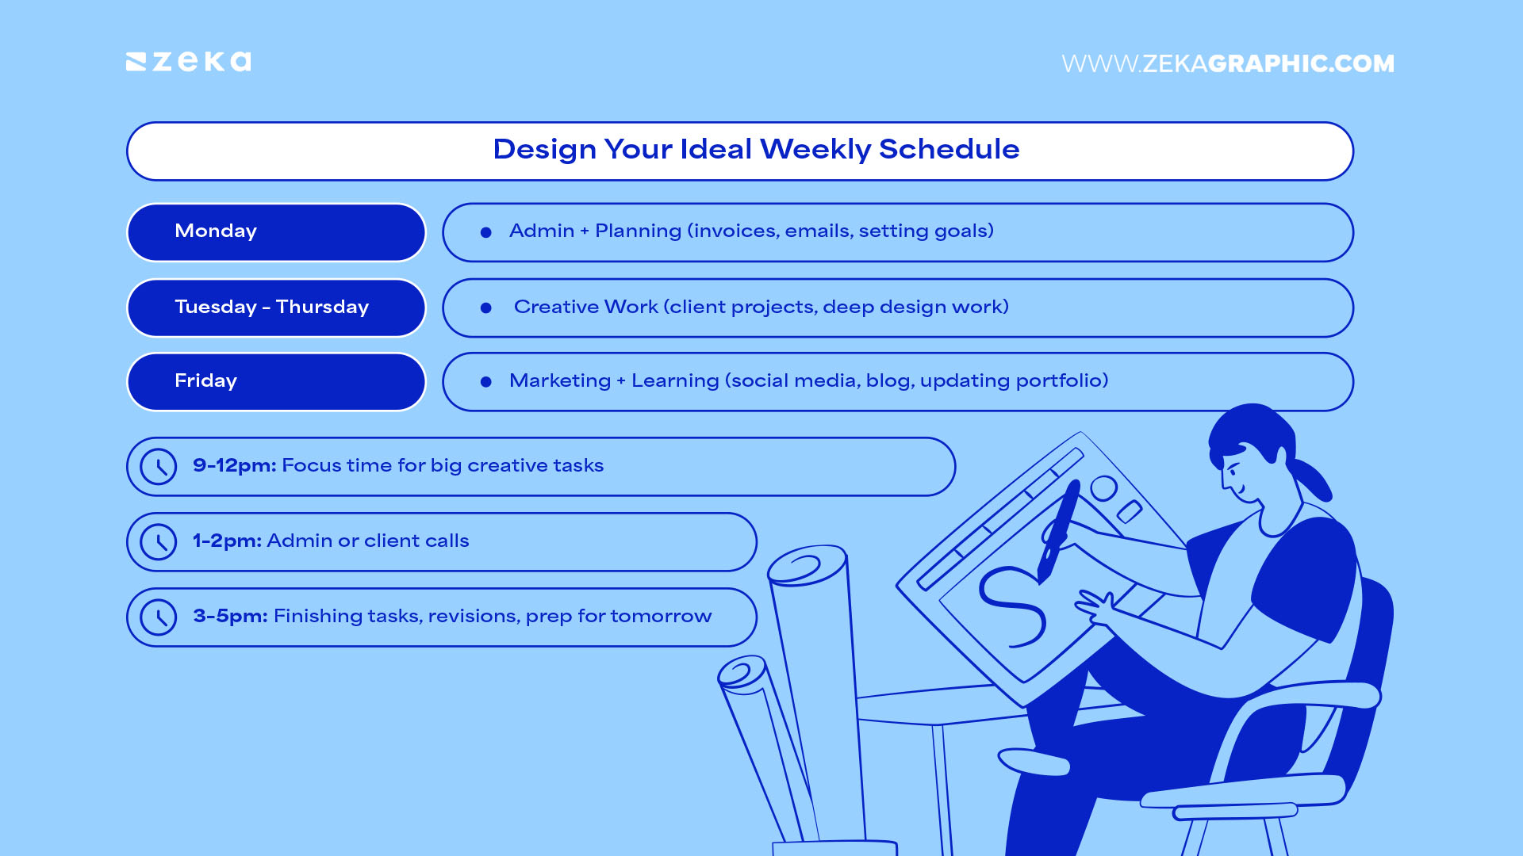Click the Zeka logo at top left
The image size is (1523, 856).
[189, 62]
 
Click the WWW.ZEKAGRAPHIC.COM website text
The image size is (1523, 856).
[1227, 63]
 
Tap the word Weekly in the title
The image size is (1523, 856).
[815, 149]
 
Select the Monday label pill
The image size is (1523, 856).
[276, 232]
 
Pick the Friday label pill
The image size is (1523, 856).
[276, 381]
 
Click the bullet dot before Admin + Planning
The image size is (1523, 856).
[486, 232]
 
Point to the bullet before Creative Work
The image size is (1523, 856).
[486, 308]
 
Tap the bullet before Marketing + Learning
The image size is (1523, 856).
[486, 381]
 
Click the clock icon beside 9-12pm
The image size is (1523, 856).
[159, 467]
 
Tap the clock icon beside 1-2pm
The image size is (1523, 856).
[159, 542]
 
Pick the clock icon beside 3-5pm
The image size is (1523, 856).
[159, 617]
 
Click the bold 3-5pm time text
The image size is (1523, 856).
[230, 616]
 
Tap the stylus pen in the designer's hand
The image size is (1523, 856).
[1059, 527]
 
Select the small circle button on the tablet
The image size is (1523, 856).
[1103, 488]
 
